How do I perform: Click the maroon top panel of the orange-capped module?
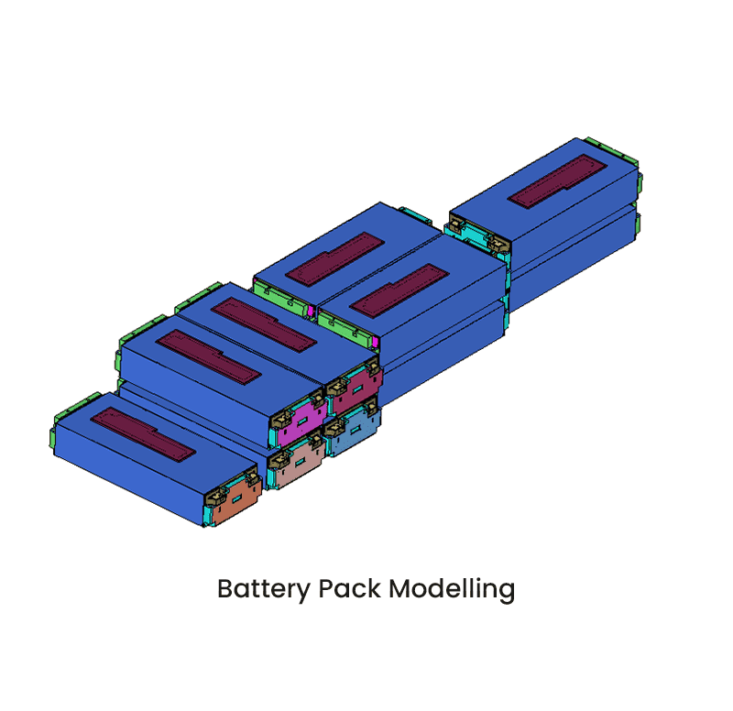click(143, 435)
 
